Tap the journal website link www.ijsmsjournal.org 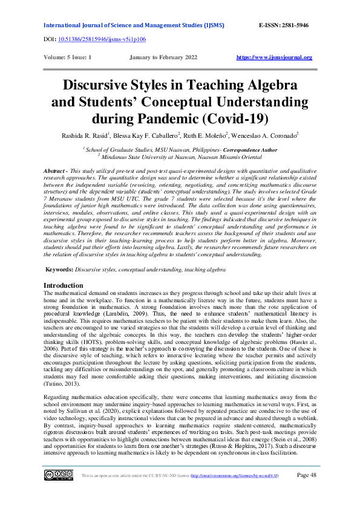tap(274, 57)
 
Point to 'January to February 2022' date tap(164, 57)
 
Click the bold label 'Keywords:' tap(64, 268)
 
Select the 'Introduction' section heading tap(64, 285)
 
